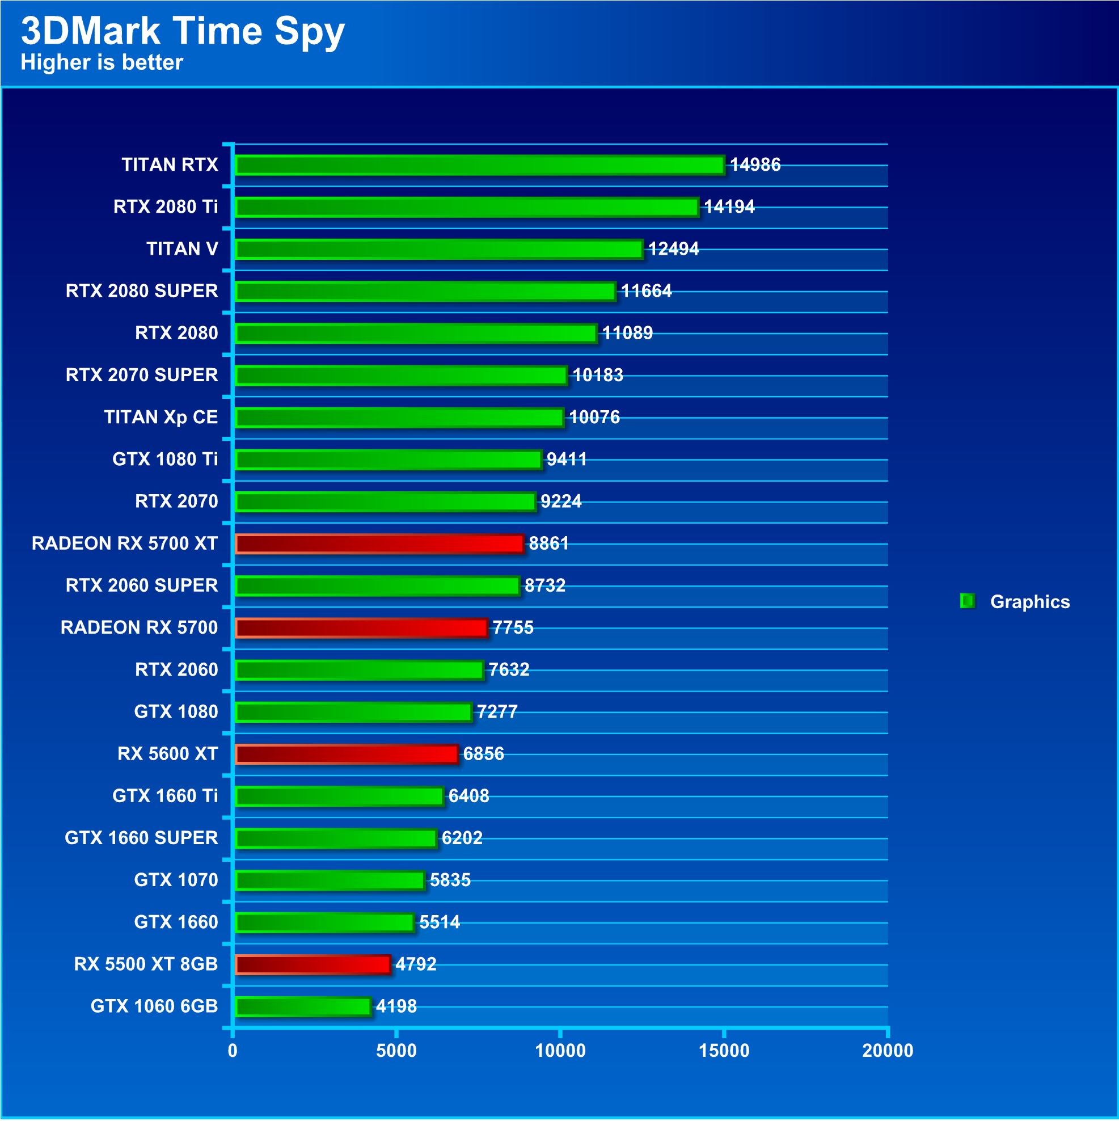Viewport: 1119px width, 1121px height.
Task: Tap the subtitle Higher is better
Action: pos(102,62)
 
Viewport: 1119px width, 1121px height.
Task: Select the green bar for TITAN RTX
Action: pos(480,165)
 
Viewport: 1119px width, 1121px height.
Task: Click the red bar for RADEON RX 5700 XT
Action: pos(379,543)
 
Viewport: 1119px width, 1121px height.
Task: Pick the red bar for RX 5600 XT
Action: pos(347,754)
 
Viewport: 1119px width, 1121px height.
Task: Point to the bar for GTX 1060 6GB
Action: pos(303,1006)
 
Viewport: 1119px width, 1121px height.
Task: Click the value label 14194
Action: pos(729,206)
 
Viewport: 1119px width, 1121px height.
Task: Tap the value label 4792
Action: pos(415,964)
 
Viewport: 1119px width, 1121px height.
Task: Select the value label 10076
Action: pos(594,417)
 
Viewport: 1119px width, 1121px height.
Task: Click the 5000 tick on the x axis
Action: pos(396,1051)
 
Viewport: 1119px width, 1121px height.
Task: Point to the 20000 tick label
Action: pos(887,1051)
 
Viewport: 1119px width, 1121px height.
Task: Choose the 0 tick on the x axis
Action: pos(233,1051)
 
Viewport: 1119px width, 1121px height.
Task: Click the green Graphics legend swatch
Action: pos(966,601)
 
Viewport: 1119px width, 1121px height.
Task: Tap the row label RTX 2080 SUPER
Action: pos(142,290)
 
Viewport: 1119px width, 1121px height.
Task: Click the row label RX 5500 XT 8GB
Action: pos(146,964)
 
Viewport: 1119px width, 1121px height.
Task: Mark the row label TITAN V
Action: pos(182,249)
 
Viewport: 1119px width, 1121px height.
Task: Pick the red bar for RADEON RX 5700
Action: pos(361,628)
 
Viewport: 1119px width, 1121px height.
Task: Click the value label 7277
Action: pos(497,711)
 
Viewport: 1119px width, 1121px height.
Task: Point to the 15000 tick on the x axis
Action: pos(723,1051)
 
